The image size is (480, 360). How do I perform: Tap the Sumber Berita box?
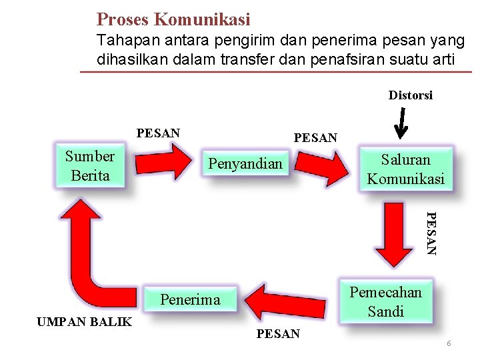coord(90,166)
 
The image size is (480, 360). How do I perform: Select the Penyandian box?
coord(245,163)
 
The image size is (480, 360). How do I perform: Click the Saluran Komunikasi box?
coord(405,169)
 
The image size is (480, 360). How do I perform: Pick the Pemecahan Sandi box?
coord(385,301)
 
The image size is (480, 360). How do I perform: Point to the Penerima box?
coord(190,300)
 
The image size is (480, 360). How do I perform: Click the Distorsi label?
coord(411,95)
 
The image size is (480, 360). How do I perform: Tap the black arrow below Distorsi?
coord(401,124)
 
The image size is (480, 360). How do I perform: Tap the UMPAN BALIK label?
coord(84,323)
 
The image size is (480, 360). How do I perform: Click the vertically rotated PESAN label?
coord(431,233)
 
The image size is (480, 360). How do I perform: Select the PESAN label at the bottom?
coord(278,334)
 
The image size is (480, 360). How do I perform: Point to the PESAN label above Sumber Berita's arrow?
coord(158,133)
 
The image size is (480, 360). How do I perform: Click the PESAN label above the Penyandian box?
coord(315,138)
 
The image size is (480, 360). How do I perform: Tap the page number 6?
coord(449,343)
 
